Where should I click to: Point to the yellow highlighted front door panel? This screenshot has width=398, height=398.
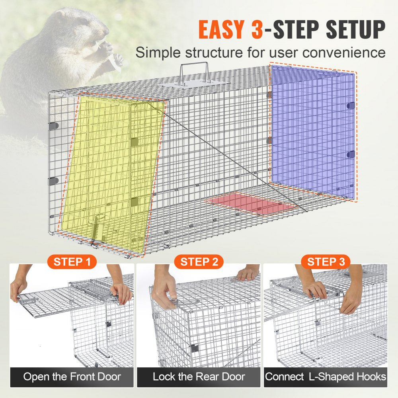[111, 171]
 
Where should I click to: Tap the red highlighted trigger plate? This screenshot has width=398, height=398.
[252, 203]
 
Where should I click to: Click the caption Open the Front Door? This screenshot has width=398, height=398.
[72, 377]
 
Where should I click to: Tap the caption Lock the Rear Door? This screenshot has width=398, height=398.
[199, 377]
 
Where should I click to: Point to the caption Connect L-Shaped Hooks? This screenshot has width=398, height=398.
[326, 377]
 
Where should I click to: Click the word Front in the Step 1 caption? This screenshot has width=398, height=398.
[82, 377]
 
